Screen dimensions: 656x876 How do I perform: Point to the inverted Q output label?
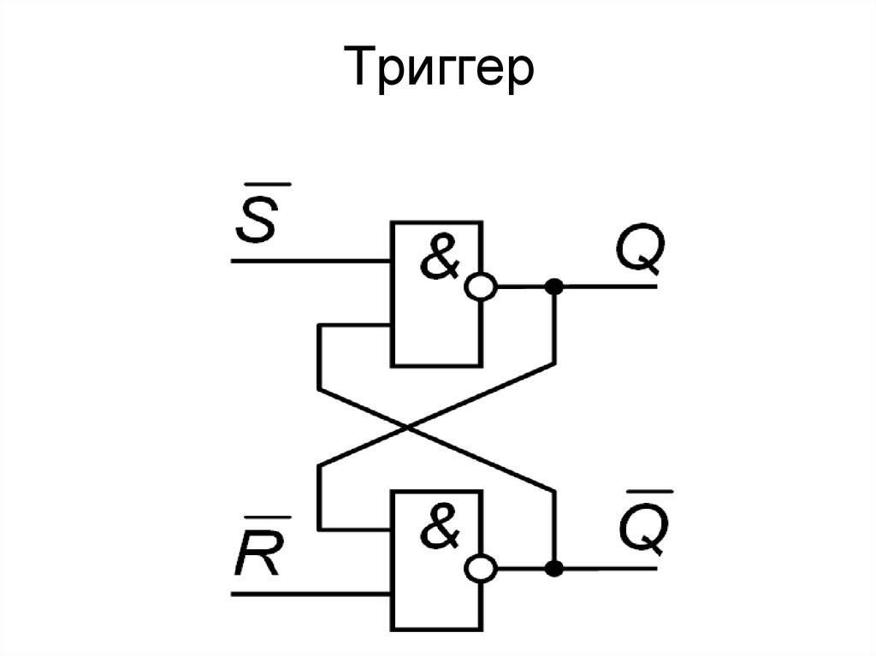tap(640, 532)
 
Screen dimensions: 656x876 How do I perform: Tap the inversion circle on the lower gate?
tap(480, 568)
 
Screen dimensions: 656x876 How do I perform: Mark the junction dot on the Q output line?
tap(554, 287)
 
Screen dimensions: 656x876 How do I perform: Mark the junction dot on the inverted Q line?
tap(554, 568)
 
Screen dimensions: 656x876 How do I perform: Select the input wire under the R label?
tap(308, 592)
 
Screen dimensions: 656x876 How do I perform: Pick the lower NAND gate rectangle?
tap(435, 599)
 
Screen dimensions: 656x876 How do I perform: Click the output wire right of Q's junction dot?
tap(607, 287)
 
